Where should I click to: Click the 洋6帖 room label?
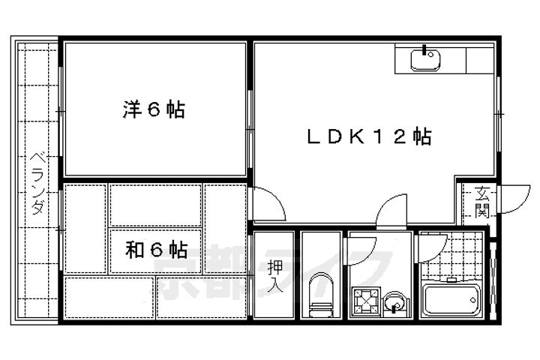[x=154, y=110]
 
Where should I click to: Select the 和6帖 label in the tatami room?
[x=156, y=250]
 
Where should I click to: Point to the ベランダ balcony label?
[x=36, y=184]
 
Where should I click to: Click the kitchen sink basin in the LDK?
[x=427, y=59]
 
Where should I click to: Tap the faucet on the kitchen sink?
[x=427, y=51]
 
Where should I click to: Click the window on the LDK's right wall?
[x=499, y=113]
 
